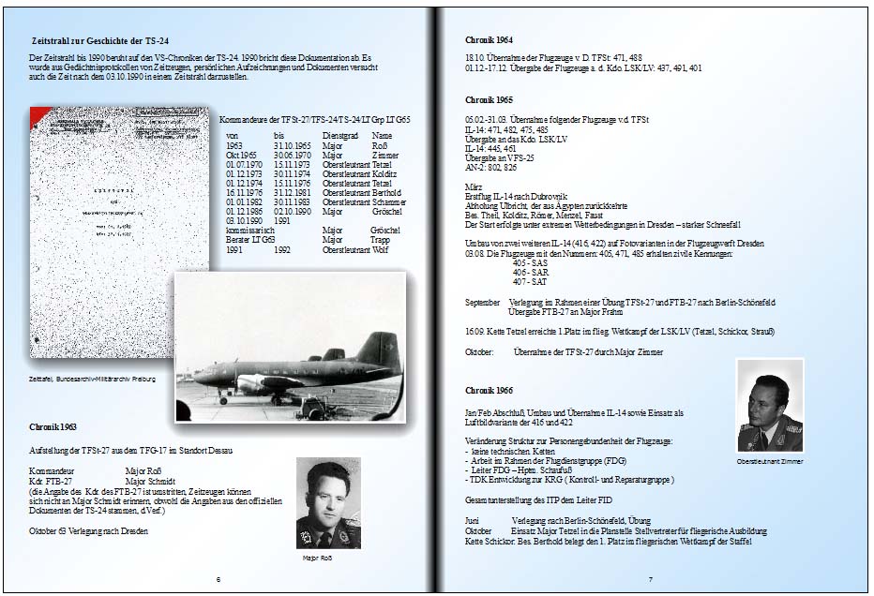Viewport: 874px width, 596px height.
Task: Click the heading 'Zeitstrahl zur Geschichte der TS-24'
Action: point(99,41)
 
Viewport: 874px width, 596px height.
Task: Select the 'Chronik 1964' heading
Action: point(489,39)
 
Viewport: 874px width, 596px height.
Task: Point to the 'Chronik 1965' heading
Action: point(489,99)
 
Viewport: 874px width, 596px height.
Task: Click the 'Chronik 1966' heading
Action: point(489,390)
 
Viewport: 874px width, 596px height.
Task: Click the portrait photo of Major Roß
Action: point(328,503)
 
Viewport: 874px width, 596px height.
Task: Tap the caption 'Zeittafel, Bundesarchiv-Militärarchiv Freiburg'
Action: point(93,379)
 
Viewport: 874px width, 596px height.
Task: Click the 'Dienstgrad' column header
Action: point(339,136)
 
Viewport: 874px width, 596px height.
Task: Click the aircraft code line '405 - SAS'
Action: point(530,263)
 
